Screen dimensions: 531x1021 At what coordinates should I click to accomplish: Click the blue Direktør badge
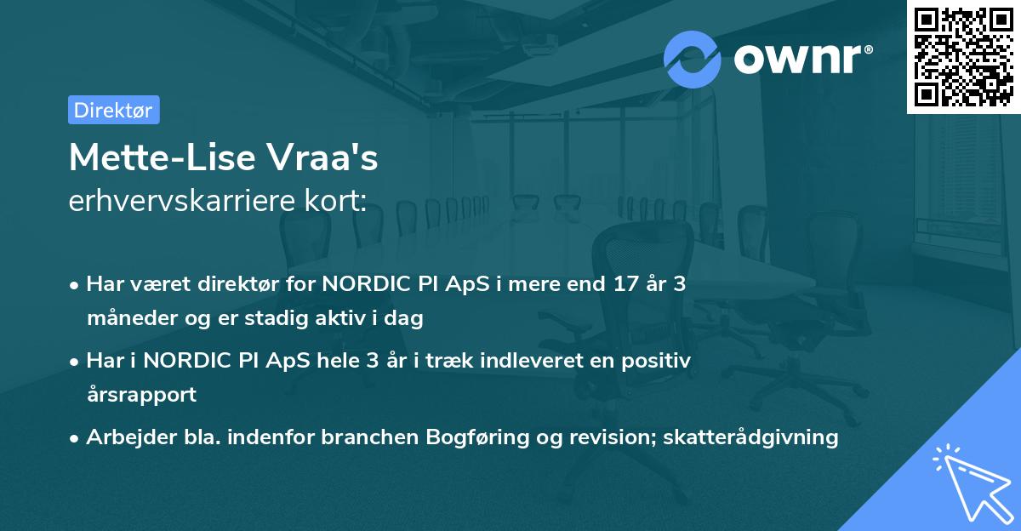[x=113, y=110]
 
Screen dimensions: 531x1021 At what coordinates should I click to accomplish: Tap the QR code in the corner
[x=963, y=56]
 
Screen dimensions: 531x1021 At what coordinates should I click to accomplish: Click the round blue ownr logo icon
[x=693, y=59]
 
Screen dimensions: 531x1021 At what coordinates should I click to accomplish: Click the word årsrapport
[x=141, y=395]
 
